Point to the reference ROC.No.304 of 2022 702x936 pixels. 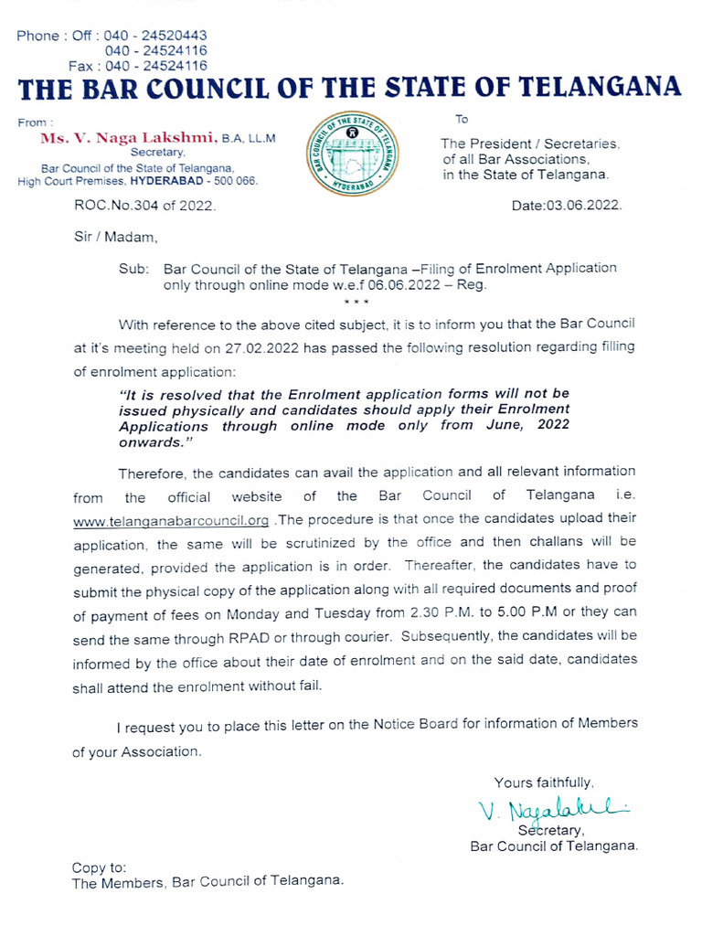click(x=145, y=207)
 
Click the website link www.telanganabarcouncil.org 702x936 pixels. click(x=170, y=520)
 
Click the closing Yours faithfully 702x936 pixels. click(x=544, y=782)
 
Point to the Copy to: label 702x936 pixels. click(x=99, y=867)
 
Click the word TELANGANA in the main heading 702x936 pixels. click(x=600, y=89)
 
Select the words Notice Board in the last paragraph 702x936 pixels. click(x=415, y=724)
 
